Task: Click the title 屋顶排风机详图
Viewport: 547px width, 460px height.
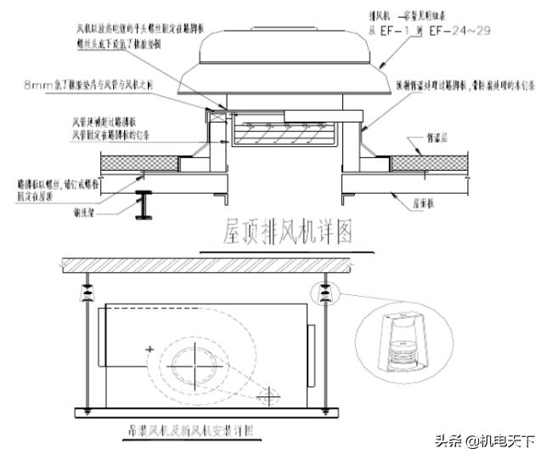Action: pos(286,230)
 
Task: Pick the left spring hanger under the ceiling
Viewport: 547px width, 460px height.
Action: pos(88,293)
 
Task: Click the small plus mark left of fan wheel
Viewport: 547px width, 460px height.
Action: pos(149,349)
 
